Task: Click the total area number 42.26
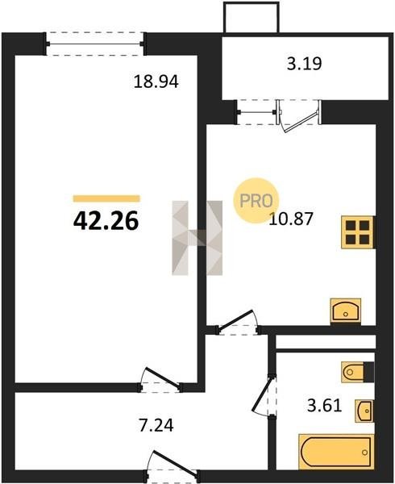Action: [106, 221]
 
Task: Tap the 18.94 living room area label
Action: [156, 82]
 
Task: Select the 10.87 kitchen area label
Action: [291, 219]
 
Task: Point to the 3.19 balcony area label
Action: [305, 64]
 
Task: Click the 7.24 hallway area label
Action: [156, 425]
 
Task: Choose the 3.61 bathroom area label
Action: [324, 406]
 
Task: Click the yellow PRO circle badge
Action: [256, 201]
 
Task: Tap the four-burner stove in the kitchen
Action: [358, 232]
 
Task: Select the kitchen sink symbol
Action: [345, 311]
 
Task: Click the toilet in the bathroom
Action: [358, 372]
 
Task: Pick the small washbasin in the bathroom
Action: [364, 411]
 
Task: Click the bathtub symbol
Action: [336, 452]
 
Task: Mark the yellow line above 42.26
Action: [106, 198]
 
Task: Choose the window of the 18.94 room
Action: [95, 44]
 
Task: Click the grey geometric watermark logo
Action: [197, 238]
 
